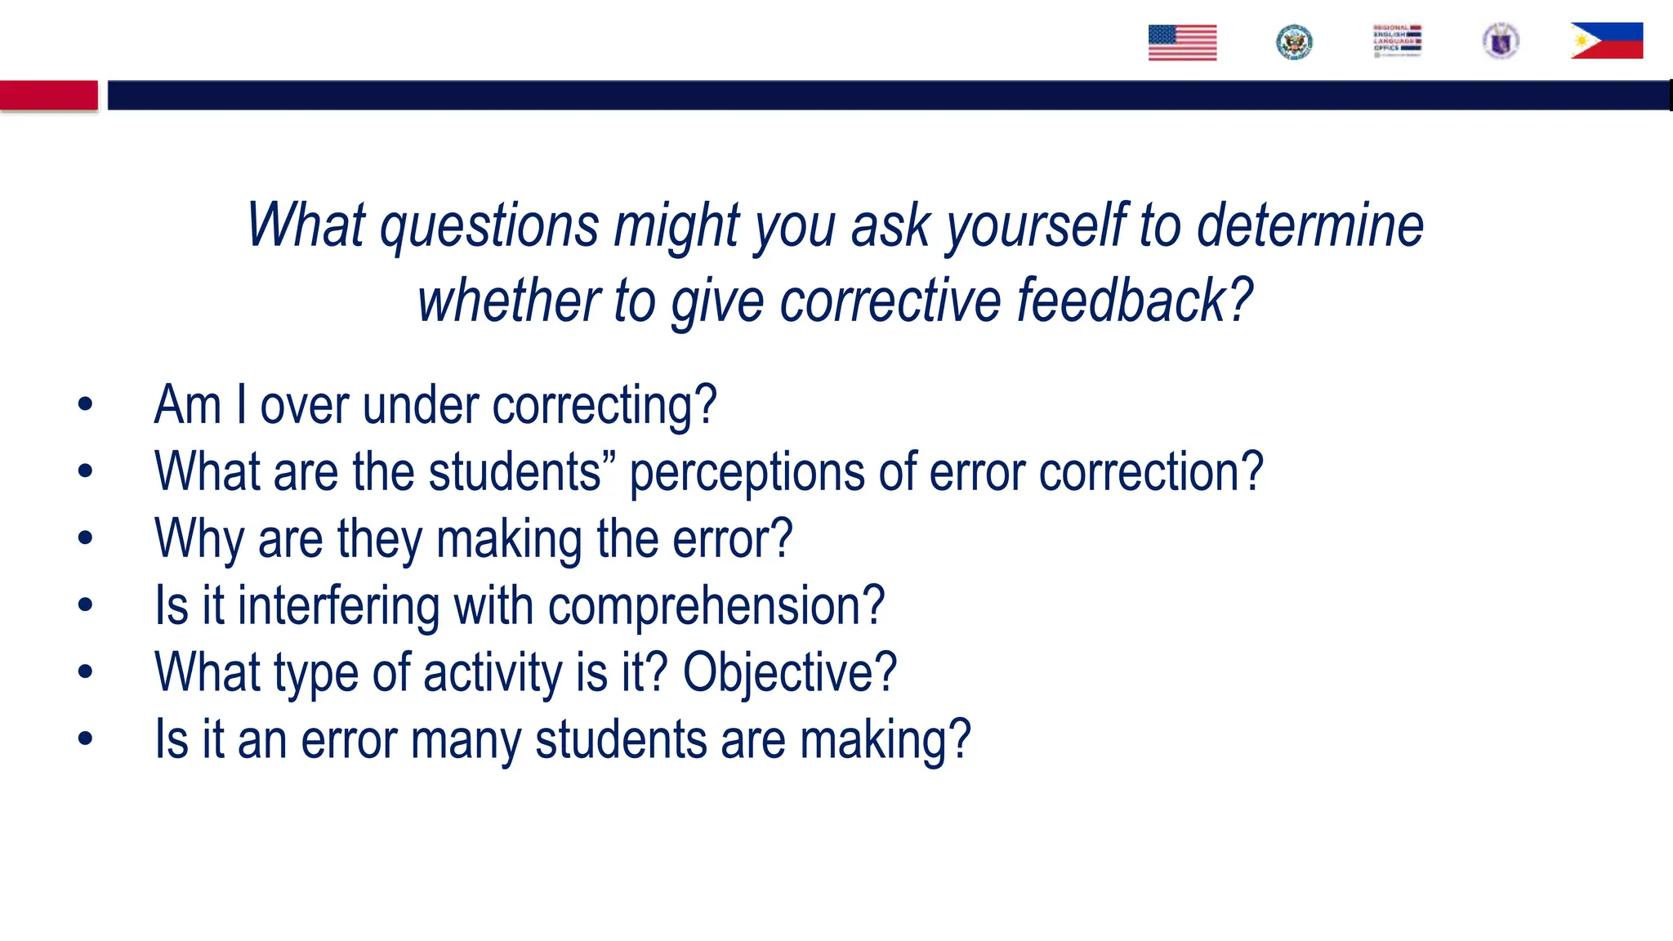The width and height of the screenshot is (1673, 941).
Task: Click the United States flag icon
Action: [1182, 42]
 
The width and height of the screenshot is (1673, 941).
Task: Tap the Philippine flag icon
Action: [1606, 41]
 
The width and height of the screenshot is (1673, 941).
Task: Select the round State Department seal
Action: [1294, 42]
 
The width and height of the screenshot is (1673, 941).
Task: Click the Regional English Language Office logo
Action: [1397, 40]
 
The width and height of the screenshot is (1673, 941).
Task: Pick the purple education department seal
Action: [1501, 41]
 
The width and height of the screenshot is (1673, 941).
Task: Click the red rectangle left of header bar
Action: [49, 96]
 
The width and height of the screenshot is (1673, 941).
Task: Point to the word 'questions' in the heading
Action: [489, 225]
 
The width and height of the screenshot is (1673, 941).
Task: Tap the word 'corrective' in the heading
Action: [890, 301]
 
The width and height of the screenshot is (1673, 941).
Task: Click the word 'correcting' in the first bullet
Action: [605, 405]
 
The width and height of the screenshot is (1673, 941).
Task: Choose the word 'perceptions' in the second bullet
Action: [747, 472]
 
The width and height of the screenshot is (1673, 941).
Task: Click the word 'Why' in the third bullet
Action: [199, 539]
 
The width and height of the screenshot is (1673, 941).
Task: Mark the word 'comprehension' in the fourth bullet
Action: [716, 606]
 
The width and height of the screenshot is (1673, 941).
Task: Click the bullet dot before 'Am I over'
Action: [85, 404]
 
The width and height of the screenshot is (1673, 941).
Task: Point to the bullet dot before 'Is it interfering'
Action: [85, 605]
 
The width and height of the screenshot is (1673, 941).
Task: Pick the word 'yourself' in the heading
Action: [1035, 225]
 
